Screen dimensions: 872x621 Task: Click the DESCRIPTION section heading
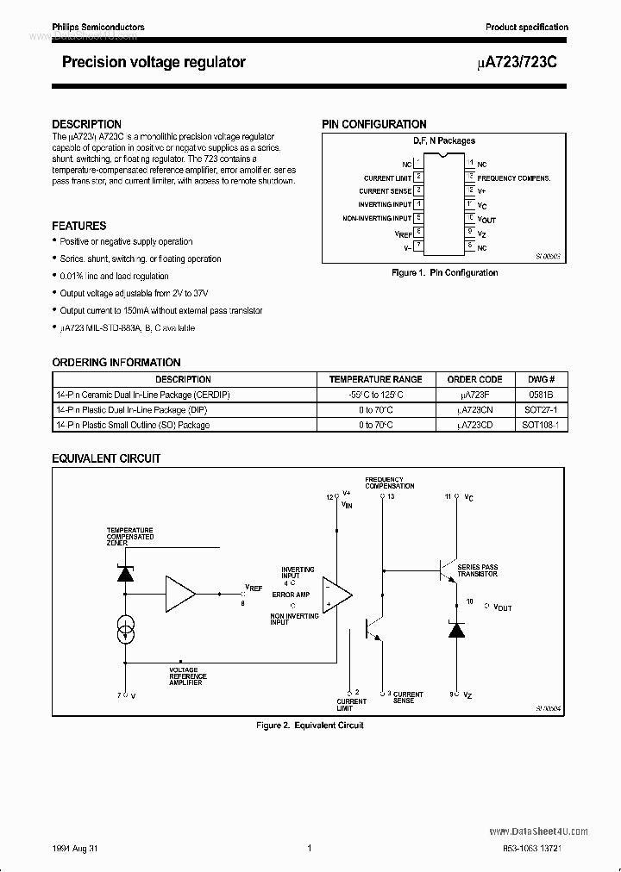click(87, 124)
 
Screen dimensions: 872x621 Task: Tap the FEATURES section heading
click(79, 226)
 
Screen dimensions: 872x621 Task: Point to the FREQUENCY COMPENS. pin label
click(514, 178)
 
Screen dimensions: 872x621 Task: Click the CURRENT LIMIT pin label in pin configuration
click(387, 178)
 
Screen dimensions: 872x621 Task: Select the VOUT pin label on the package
click(486, 219)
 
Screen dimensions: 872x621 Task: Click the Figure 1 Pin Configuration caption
click(444, 273)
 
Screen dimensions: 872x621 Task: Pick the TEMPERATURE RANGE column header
click(376, 379)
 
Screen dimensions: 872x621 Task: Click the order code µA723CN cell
click(474, 409)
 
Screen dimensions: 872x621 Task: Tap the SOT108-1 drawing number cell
click(542, 425)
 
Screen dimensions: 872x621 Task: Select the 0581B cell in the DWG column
click(542, 395)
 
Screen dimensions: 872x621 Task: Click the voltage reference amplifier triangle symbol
click(181, 594)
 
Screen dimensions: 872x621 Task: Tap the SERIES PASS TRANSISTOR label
click(478, 570)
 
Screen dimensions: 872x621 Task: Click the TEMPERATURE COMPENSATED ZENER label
click(130, 536)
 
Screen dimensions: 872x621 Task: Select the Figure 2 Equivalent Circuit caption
click(310, 726)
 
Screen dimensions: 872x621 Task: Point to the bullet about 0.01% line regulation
click(114, 276)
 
